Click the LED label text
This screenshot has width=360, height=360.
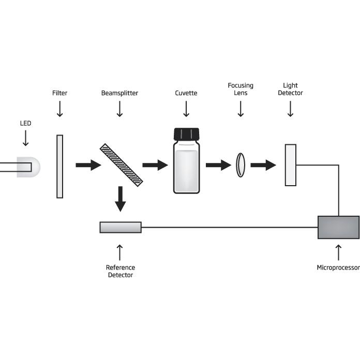[25, 123]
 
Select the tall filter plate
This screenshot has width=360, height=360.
[59, 167]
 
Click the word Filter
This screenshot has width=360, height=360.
[59, 93]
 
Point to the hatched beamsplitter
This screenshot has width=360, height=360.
[121, 165]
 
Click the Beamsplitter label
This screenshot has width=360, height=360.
[119, 93]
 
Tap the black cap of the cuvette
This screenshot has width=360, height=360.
[186, 134]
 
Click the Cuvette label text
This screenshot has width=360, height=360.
[186, 93]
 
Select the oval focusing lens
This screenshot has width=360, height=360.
[241, 165]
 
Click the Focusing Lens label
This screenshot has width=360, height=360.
[241, 89]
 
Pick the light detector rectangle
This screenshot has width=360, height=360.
[291, 165]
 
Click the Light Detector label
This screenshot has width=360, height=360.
[291, 89]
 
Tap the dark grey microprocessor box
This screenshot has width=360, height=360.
[339, 227]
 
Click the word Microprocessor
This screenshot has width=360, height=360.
[338, 267]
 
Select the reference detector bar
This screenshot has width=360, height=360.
[121, 227]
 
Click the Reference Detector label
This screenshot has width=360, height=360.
[121, 271]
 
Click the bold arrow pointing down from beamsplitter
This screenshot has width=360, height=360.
[121, 199]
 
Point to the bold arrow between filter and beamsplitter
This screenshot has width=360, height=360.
[88, 165]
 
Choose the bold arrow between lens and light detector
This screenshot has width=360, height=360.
[263, 165]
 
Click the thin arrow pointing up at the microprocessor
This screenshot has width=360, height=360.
[338, 252]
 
